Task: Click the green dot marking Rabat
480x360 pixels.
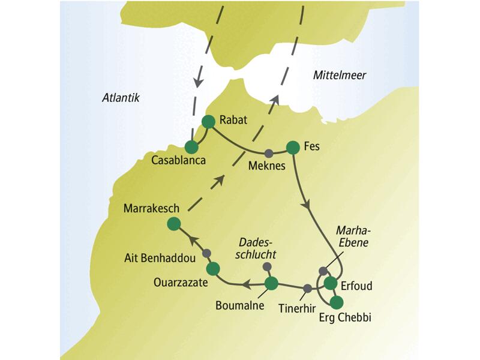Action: click(x=208, y=122)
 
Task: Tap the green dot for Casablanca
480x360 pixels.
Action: click(x=192, y=147)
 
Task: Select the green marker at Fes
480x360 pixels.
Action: click(x=293, y=147)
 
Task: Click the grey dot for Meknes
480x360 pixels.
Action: click(x=269, y=152)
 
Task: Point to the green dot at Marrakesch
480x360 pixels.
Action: click(x=174, y=224)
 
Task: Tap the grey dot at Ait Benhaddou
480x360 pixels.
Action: click(x=206, y=253)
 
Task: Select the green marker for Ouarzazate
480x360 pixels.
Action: click(x=213, y=268)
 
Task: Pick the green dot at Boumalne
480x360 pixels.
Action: click(x=271, y=283)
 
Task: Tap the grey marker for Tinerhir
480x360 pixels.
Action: click(x=308, y=289)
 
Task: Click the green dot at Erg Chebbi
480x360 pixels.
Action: click(x=337, y=302)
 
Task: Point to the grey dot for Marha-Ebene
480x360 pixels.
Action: click(x=323, y=271)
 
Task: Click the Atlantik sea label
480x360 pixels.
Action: click(x=120, y=98)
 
